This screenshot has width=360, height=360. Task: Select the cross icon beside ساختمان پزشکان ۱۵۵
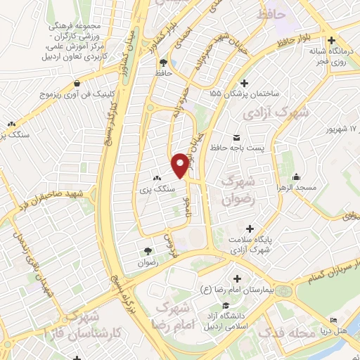pyautogui.click(x=243, y=82)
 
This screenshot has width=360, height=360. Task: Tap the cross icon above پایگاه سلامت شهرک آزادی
pyautogui.click(x=248, y=229)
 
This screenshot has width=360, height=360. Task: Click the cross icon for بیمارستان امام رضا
pyautogui.click(x=237, y=278)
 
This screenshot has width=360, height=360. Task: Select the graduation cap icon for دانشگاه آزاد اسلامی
pyautogui.click(x=226, y=305)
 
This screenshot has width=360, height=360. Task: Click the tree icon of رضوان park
pyautogui.click(x=148, y=250)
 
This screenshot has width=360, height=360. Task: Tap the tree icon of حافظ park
pyautogui.click(x=163, y=61)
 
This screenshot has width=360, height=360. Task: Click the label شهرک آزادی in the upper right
pyautogui.click(x=266, y=112)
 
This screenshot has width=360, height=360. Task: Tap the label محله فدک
pyautogui.click(x=278, y=332)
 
